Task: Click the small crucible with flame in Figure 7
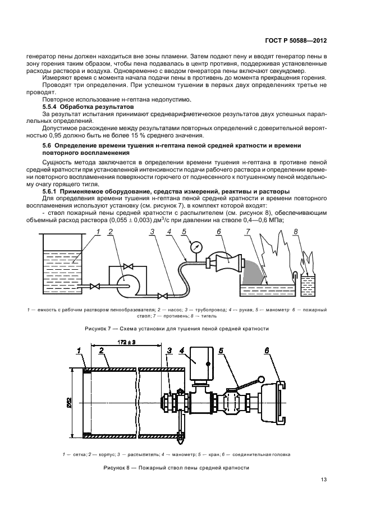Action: coord(308,284)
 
